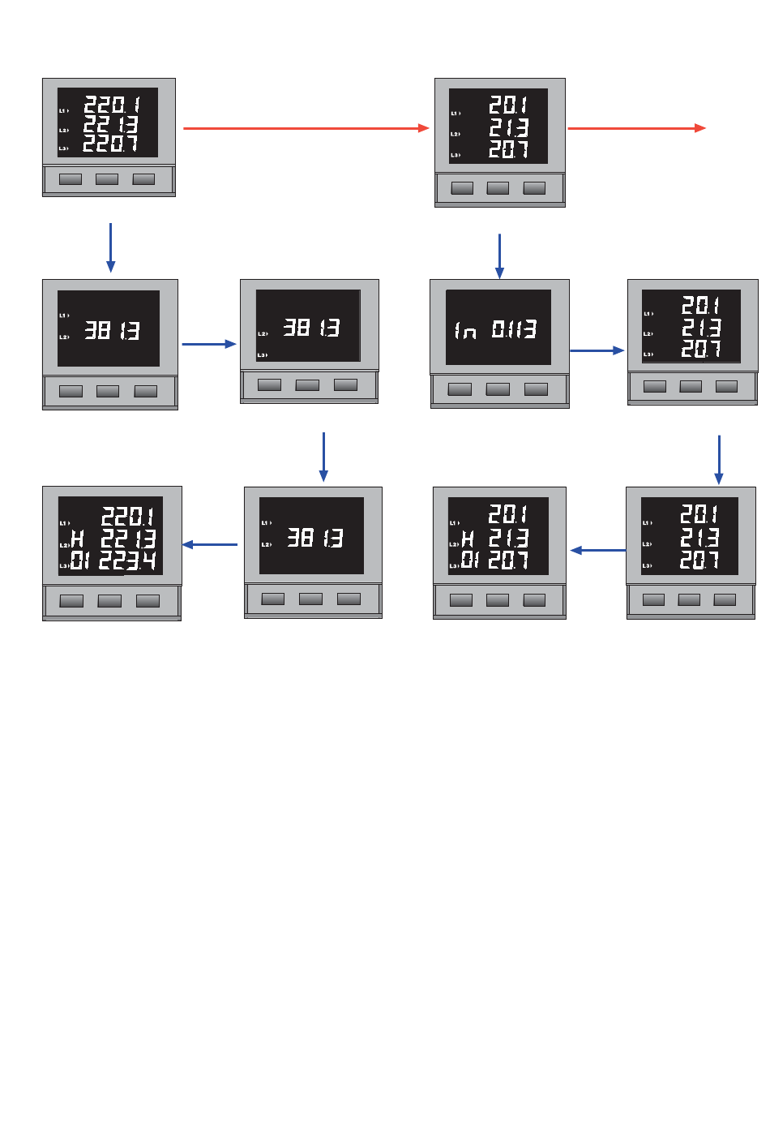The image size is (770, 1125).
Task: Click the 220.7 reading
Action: [x=111, y=144]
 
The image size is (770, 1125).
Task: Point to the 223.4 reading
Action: [x=127, y=560]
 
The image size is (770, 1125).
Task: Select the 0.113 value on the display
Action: [x=514, y=329]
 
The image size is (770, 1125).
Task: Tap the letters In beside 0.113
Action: [x=465, y=330]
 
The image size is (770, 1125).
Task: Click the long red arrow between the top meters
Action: [x=306, y=128]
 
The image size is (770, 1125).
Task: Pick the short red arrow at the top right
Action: [x=636, y=128]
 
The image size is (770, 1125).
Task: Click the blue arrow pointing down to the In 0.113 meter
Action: [x=499, y=255]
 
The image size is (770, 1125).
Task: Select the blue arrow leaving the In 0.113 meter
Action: [x=597, y=350]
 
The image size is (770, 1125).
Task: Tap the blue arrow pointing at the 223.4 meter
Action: [x=210, y=544]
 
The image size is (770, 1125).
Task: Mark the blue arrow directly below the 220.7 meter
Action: [x=110, y=247]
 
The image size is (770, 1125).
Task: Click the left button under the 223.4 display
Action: [x=71, y=601]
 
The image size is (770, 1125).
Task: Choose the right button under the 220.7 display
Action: [x=143, y=179]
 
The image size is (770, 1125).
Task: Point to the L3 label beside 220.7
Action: [x=63, y=148]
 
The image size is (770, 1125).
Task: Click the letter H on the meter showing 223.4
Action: [x=78, y=539]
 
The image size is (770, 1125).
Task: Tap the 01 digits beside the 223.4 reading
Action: [x=79, y=560]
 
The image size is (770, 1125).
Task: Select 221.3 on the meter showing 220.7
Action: [x=111, y=124]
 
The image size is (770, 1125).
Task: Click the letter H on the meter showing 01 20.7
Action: [x=468, y=539]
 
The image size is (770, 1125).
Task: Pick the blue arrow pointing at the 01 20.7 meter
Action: [x=597, y=550]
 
